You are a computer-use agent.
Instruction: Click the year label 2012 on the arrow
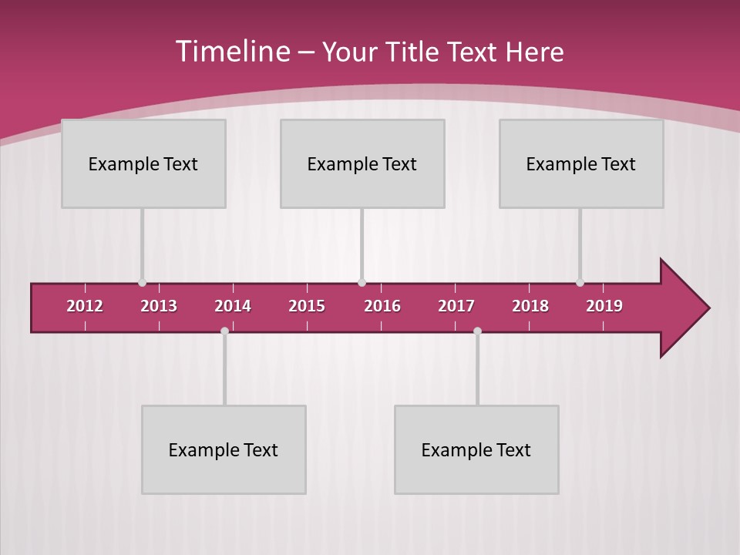point(85,306)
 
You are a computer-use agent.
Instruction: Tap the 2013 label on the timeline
point(159,306)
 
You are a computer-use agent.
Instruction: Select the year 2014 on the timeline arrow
point(233,306)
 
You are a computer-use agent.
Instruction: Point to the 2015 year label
point(307,306)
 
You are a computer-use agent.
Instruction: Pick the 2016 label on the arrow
point(382,306)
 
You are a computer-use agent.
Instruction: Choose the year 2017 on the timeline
point(456,306)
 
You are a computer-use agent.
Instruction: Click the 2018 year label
point(530,306)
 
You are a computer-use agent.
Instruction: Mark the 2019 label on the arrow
point(604,306)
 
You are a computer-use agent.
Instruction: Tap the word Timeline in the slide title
point(234,52)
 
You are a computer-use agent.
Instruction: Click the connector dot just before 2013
point(142,283)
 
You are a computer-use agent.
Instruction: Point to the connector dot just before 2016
point(362,283)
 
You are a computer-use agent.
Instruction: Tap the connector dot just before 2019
point(580,283)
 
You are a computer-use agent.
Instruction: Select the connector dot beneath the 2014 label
point(224,331)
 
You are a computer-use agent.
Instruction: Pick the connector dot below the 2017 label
point(477,331)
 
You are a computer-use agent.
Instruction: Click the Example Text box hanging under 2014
point(224,449)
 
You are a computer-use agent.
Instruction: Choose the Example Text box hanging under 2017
point(476,449)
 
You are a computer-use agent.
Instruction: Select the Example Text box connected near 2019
point(581,163)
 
